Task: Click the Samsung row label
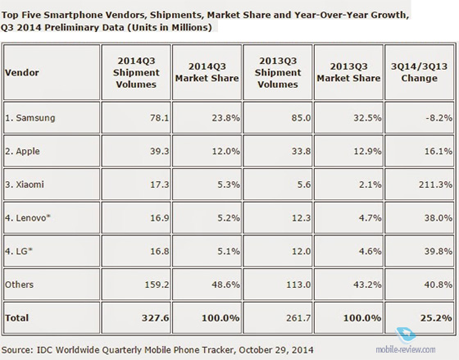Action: [30, 118]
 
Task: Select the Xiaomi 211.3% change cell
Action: [419, 185]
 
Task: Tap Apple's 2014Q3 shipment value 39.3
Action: [160, 151]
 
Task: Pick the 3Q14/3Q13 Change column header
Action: [419, 72]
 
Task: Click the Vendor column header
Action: [21, 73]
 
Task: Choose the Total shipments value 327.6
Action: [156, 318]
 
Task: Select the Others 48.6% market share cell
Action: [207, 285]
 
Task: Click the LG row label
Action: [19, 251]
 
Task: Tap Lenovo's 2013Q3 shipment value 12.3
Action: [302, 218]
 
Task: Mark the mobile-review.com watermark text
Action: [406, 349]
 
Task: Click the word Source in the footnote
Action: [17, 349]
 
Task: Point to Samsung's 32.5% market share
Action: [367, 118]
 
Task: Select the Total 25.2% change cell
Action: [419, 318]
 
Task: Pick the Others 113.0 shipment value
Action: [298, 285]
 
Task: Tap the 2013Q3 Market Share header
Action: [348, 72]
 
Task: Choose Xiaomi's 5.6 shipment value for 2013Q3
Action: [303, 185]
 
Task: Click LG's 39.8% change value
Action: [439, 251]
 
